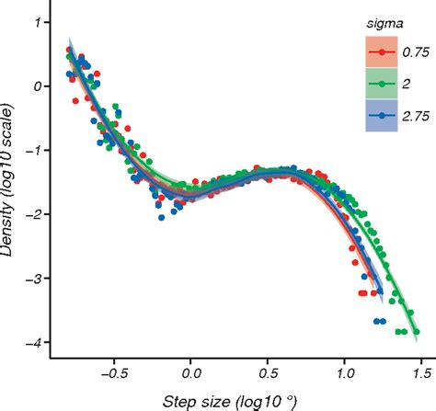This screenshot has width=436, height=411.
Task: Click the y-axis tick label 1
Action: [x=37, y=23]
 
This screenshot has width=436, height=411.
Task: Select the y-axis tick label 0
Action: [x=37, y=86]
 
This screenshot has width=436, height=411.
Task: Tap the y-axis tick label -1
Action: [x=33, y=151]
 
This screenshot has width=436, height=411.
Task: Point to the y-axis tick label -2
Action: [x=33, y=214]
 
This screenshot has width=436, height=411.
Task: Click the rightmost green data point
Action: [x=417, y=332]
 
